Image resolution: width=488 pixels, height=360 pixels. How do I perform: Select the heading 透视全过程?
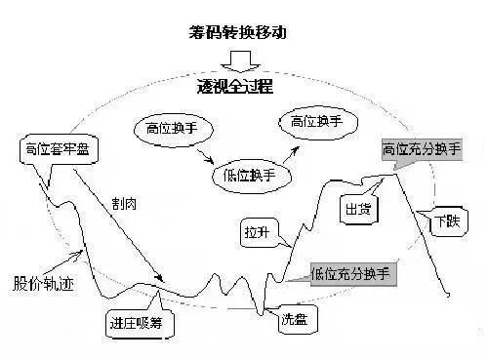pos(238,86)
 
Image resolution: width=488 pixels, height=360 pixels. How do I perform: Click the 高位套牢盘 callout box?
pos(53,150)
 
